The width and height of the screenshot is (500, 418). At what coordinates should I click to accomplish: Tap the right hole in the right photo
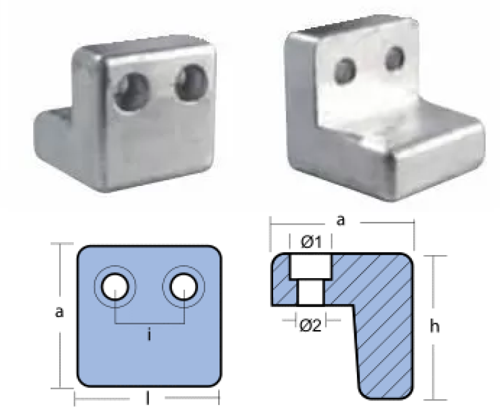tap(395, 59)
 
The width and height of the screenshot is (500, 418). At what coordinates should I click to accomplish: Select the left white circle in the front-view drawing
tap(115, 286)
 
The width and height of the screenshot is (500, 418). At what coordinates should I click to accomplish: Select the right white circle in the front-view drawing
tap(184, 286)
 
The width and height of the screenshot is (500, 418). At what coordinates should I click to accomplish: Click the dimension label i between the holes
tap(149, 335)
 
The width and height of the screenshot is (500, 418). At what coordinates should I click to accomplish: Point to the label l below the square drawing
tap(147, 398)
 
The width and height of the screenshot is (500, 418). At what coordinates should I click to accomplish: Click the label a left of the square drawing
tap(59, 312)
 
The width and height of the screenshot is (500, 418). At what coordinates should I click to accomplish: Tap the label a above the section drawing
tap(341, 220)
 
